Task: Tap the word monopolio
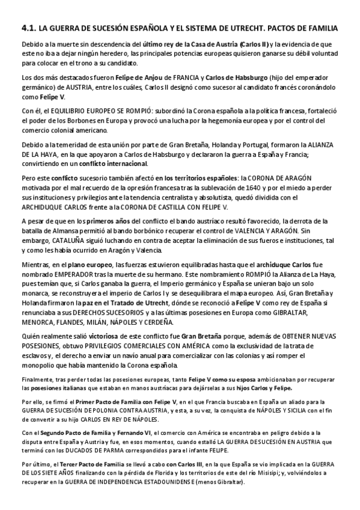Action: (x=40, y=365)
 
